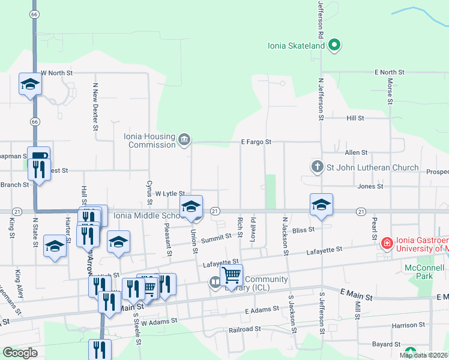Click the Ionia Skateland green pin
pos(335,45)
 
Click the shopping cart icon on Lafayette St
pos(231,275)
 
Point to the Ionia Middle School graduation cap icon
pos(191,207)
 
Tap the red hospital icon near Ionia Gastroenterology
pos(388,244)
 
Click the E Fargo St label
pos(256,142)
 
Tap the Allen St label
pos(356,153)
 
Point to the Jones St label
pos(370,187)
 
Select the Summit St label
pos(216,238)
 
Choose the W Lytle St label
pos(169,193)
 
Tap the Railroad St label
pos(245,329)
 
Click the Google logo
pos(20,353)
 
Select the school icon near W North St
pos(29,85)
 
